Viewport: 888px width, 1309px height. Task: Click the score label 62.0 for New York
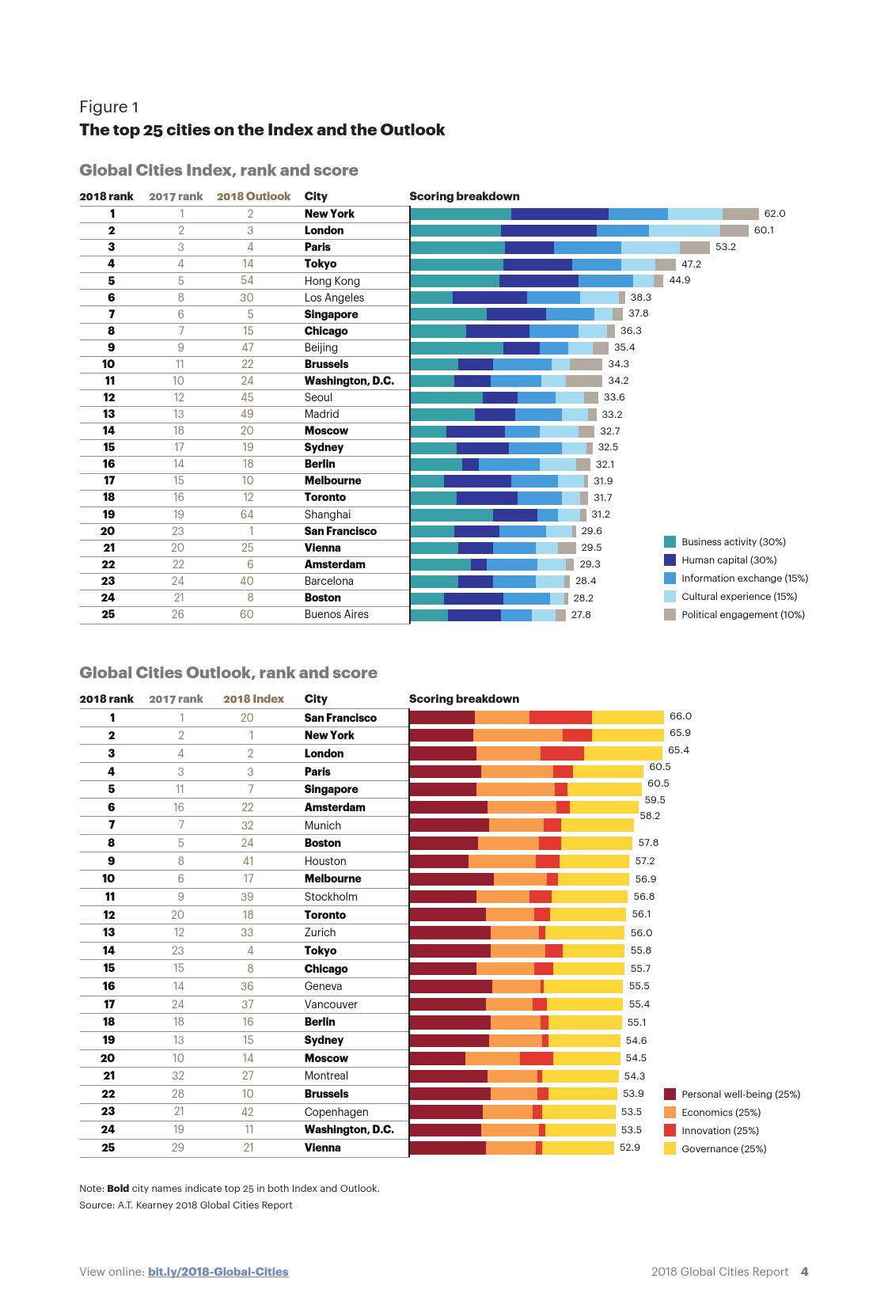click(774, 214)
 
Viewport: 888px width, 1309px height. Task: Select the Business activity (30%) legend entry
click(733, 542)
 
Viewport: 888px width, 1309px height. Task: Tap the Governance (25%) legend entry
click(723, 1148)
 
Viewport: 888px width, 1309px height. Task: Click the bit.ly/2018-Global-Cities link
click(218, 1272)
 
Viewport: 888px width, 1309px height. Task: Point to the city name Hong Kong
click(332, 281)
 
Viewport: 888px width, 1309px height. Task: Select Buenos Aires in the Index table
click(336, 614)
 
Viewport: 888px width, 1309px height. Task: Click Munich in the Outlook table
click(322, 825)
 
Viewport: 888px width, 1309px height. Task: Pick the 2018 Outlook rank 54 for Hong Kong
click(246, 281)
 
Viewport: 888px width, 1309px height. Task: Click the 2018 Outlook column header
click(253, 196)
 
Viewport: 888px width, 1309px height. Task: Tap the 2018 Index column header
click(253, 699)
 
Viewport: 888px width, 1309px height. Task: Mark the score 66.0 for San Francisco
click(680, 716)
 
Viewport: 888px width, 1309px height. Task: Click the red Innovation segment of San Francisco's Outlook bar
click(560, 718)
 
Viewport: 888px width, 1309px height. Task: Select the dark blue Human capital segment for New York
click(560, 214)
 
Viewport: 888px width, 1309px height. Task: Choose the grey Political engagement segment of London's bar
click(734, 230)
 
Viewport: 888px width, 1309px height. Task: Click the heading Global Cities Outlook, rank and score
click(228, 673)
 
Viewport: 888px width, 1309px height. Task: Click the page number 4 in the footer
click(804, 1272)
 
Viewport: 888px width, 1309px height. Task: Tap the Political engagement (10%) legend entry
click(742, 615)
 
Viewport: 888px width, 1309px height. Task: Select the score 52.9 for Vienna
click(629, 1148)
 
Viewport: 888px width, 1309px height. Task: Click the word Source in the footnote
click(95, 1205)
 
